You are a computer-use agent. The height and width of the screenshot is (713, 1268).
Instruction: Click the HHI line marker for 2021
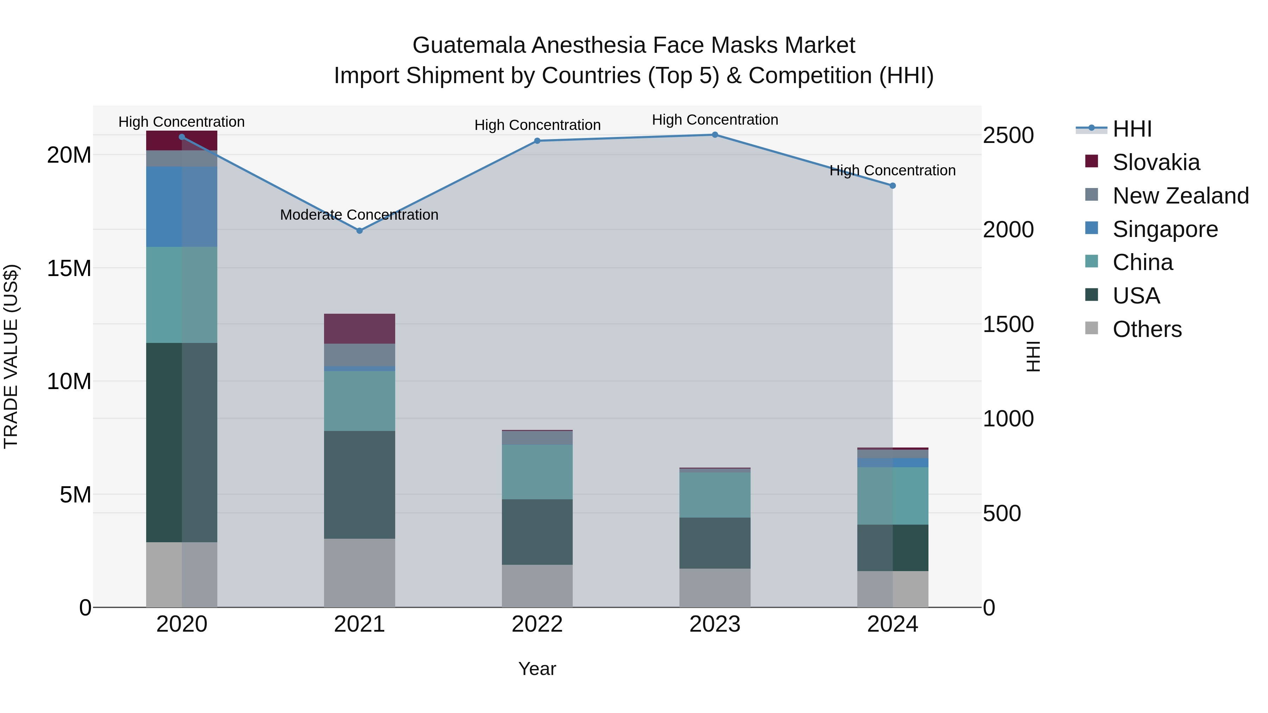click(x=359, y=231)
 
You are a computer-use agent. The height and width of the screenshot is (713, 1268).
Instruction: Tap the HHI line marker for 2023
click(x=715, y=135)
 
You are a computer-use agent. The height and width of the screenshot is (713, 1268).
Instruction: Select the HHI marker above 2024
click(x=893, y=186)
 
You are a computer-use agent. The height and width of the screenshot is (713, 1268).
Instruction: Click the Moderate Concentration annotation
click(x=359, y=215)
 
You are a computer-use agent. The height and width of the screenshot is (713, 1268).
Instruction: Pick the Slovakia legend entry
click(x=1156, y=162)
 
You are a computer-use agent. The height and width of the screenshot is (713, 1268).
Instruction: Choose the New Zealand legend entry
click(x=1180, y=196)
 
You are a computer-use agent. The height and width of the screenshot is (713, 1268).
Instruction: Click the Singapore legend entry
click(x=1165, y=229)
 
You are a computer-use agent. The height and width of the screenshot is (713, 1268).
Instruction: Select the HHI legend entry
click(x=1132, y=129)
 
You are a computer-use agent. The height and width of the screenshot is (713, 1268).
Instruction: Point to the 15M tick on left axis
click(x=69, y=269)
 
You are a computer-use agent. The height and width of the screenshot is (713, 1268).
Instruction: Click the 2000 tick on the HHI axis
click(x=1008, y=230)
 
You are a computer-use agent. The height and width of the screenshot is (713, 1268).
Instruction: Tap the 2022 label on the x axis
click(x=537, y=624)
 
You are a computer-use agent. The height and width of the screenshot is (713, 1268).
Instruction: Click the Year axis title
click(x=537, y=669)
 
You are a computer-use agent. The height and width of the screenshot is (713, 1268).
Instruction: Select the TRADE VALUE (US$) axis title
click(x=11, y=356)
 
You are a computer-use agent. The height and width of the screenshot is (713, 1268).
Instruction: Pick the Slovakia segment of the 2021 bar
click(x=359, y=329)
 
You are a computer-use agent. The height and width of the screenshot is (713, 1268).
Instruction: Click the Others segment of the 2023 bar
click(x=715, y=588)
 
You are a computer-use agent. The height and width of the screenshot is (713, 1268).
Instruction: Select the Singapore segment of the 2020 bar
click(x=182, y=207)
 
